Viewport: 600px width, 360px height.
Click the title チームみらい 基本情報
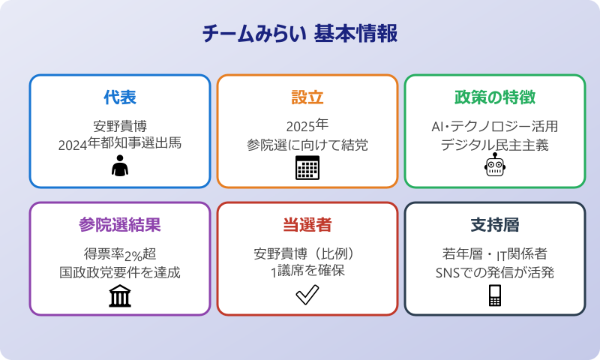point(300,34)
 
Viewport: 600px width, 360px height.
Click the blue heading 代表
point(120,97)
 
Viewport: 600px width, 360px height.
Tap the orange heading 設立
point(307,97)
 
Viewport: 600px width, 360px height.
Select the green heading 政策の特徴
point(494,97)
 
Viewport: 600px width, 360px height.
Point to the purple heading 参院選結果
point(120,225)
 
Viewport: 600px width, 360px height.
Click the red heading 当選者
point(307,225)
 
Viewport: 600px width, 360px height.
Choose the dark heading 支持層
point(494,225)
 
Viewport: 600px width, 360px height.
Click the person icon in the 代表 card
point(120,167)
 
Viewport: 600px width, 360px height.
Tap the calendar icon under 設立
point(307,168)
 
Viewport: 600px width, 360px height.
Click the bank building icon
point(120,296)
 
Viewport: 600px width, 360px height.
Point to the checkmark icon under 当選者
point(307,295)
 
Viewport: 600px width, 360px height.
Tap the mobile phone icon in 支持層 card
point(494,295)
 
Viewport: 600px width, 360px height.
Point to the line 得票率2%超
point(120,253)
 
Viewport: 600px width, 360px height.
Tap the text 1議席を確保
point(307,271)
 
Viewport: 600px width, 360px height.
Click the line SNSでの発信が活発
point(494,271)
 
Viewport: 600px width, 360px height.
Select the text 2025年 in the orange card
point(307,125)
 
